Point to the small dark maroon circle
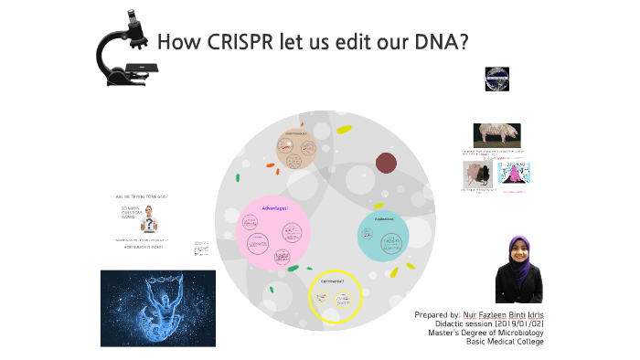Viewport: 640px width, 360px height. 387,164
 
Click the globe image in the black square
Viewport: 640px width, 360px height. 496,79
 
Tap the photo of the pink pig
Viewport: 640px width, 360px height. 496,134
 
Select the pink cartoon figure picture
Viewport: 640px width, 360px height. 514,175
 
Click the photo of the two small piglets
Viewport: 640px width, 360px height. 479,175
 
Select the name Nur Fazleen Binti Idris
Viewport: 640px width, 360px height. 503,314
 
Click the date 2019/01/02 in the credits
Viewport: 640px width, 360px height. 519,323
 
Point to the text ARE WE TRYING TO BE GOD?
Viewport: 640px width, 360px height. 142,196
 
